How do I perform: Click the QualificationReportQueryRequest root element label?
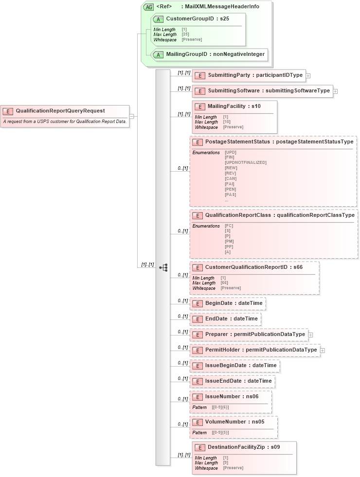pos(60,111)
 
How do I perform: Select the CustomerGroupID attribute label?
pos(197,19)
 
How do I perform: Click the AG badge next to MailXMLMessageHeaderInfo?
pos(148,7)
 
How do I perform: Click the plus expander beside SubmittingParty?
pos(308,76)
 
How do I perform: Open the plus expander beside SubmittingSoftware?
pos(336,91)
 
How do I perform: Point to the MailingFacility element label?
pos(234,106)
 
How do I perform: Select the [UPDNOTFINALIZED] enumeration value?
pos(246,162)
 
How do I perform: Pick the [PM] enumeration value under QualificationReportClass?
pos(229,241)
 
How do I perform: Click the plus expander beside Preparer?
pos(311,335)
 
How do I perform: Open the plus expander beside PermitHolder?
pos(323,350)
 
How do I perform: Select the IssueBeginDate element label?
pos(241,365)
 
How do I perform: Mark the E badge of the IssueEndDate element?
pos(198,381)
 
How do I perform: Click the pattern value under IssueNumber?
pos(220,407)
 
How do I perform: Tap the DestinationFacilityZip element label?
pos(244,447)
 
